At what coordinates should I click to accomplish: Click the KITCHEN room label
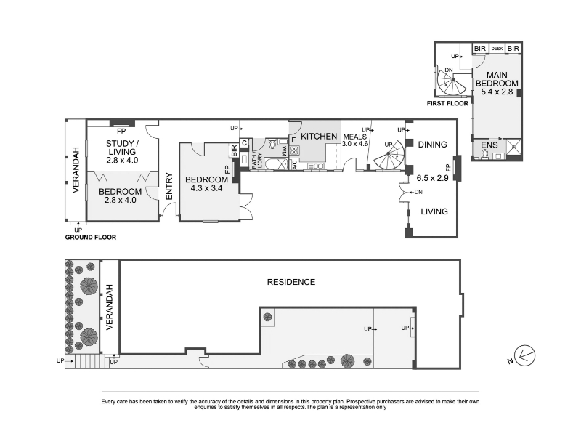click(319, 137)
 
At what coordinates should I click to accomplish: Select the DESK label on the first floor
click(497, 49)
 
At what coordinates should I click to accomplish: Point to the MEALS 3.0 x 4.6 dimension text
click(354, 140)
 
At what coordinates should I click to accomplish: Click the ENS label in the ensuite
click(489, 145)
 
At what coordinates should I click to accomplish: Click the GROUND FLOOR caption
click(90, 238)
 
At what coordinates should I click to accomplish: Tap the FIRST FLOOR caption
click(447, 103)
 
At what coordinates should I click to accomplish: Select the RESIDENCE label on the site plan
click(291, 282)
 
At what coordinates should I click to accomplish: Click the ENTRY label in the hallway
click(169, 187)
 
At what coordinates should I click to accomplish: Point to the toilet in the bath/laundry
click(272, 144)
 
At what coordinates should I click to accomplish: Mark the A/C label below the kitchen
click(295, 164)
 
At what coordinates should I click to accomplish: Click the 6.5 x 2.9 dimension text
click(432, 178)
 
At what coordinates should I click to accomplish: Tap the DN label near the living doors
click(418, 192)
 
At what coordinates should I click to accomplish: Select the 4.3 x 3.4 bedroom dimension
click(206, 188)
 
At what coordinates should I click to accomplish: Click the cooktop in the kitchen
click(295, 150)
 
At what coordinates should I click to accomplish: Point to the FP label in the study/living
click(121, 131)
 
